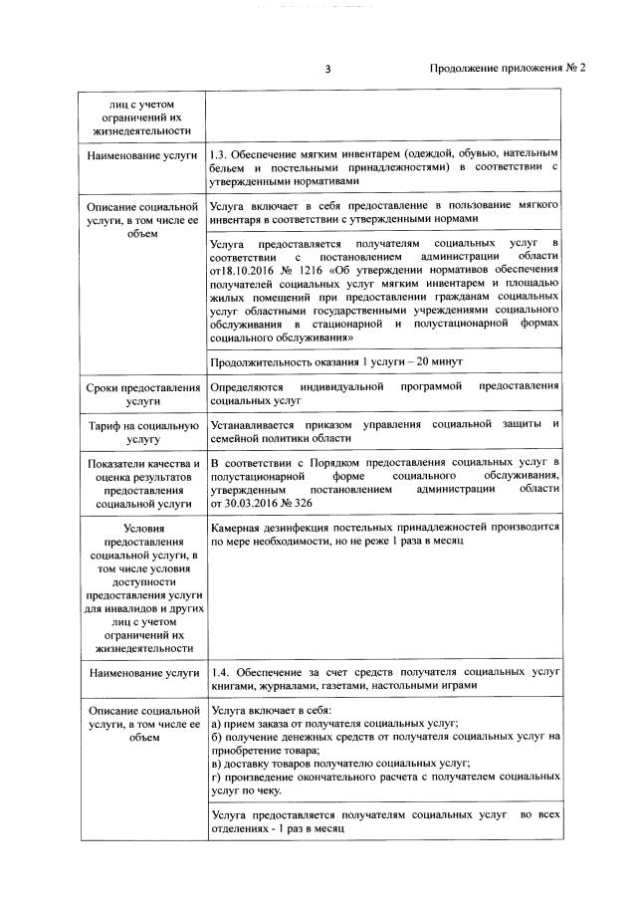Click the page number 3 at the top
point(327,69)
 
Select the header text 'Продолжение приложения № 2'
point(508,69)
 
